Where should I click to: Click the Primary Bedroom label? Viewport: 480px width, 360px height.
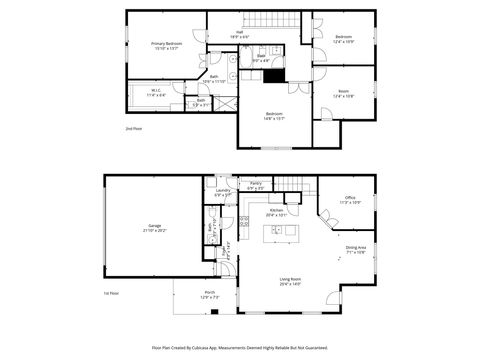point(166,45)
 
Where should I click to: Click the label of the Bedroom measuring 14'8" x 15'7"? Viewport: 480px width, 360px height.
point(272,114)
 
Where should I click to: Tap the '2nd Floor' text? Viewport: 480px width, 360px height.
point(133,129)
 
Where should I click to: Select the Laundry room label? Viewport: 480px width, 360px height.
point(222,192)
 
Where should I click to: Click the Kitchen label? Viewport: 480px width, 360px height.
point(276,211)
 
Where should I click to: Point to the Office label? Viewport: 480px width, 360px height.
point(350,200)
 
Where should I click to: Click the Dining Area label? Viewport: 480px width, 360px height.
point(355,250)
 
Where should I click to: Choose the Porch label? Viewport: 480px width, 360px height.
point(209,294)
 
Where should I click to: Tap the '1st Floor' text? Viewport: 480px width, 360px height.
point(112,293)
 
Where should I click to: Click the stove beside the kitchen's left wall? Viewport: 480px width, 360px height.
point(244,220)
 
